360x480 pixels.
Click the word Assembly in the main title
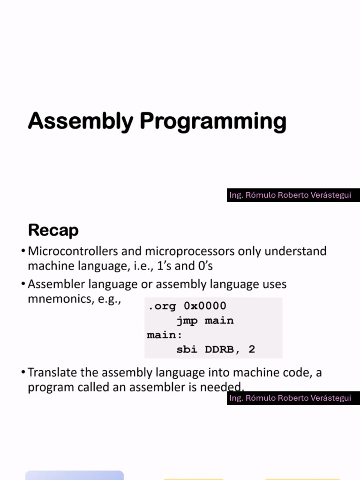coord(80,121)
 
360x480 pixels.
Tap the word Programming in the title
coord(213,122)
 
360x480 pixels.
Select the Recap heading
coord(53,230)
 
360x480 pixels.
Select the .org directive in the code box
coord(162,306)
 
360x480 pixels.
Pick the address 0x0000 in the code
coord(205,306)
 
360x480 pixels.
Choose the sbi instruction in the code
coord(187,349)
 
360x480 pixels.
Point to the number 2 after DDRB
coord(252,349)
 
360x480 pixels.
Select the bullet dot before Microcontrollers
coord(23,252)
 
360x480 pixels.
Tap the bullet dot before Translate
coord(23,373)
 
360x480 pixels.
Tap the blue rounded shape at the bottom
coord(74,475)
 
